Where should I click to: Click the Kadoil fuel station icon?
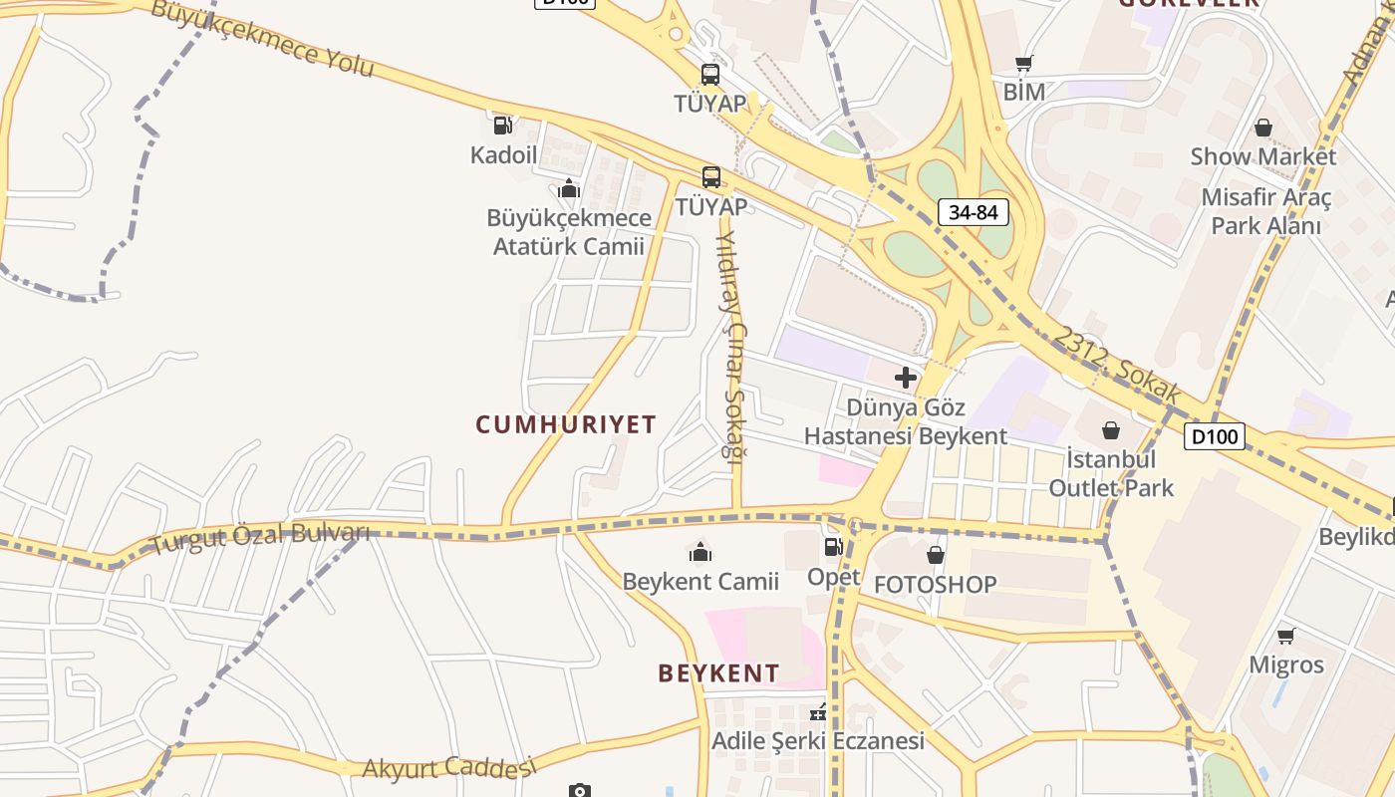pos(502,126)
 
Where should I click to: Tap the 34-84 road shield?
pos(974,211)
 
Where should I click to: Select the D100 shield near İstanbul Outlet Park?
pos(1214,435)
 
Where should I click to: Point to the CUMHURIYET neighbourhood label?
pos(566,424)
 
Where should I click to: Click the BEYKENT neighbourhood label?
pos(718,673)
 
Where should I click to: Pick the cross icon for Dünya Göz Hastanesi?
pos(906,378)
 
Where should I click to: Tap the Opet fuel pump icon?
pos(833,546)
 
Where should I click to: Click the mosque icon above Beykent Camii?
pos(700,551)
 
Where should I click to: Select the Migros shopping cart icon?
pos(1286,635)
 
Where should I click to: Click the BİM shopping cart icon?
pos(1023,64)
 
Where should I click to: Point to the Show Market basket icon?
pos(1263,128)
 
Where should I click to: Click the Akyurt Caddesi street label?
pos(448,768)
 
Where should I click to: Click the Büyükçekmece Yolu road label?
pos(263,38)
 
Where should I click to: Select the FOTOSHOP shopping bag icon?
pos(935,555)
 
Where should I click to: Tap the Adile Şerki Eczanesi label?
pos(818,741)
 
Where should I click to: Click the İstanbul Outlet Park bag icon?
pos(1111,430)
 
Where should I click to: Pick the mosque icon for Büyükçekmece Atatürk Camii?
pos(569,188)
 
